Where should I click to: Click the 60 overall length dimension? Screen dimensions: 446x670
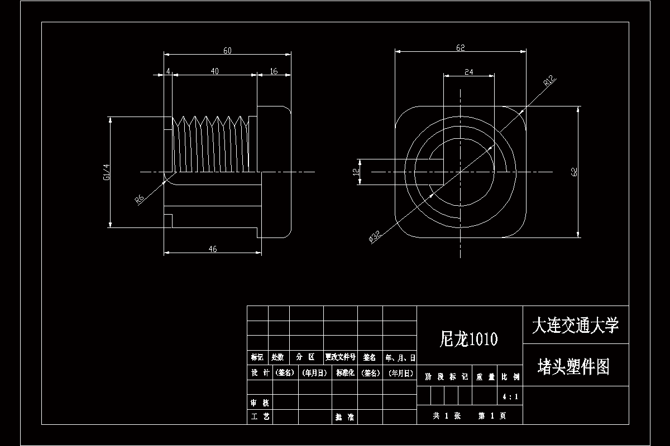(x=227, y=51)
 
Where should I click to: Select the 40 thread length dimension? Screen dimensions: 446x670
(x=214, y=71)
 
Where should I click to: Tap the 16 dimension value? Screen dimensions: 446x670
(x=274, y=71)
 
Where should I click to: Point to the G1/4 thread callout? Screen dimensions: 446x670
(x=106, y=172)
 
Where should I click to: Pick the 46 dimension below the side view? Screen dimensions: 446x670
(x=213, y=249)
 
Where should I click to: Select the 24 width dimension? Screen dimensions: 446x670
(x=468, y=71)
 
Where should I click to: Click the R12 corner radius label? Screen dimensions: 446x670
(x=549, y=83)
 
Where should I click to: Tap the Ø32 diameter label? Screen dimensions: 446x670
(x=375, y=237)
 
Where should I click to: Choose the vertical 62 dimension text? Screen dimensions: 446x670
(x=574, y=172)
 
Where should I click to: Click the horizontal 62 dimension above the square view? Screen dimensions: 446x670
(x=460, y=48)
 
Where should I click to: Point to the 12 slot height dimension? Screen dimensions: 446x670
(x=355, y=172)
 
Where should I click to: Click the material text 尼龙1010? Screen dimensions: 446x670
(x=469, y=339)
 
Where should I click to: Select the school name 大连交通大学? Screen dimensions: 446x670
(x=575, y=326)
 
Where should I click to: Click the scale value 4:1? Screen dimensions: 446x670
(x=510, y=397)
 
